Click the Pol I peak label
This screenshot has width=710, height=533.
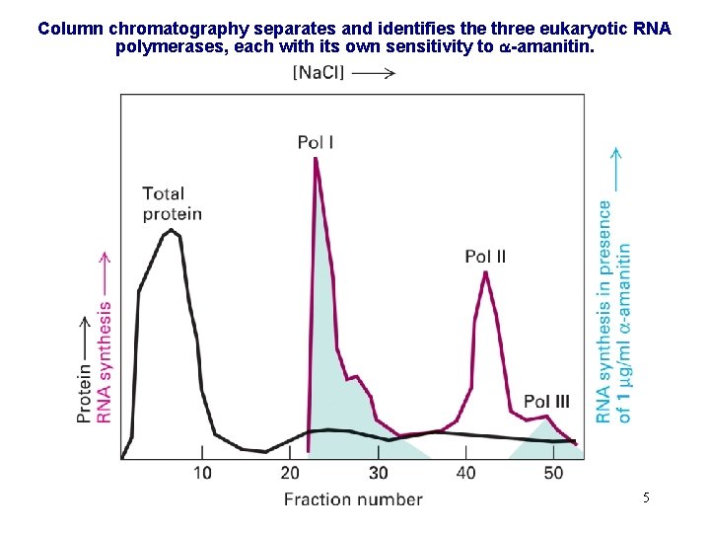[x=316, y=143]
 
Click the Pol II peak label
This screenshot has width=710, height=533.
[x=485, y=257]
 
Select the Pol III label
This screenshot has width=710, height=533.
[x=546, y=401]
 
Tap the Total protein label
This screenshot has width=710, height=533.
[x=172, y=203]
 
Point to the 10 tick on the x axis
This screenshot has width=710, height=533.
[x=202, y=473]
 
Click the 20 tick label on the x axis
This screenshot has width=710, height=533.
[x=290, y=473]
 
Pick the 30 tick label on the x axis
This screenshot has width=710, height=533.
[x=378, y=473]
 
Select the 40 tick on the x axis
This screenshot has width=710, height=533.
[x=465, y=473]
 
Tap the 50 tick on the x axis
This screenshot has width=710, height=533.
[x=553, y=473]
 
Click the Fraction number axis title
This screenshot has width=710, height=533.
[x=353, y=498]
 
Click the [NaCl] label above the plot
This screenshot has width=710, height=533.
[x=319, y=72]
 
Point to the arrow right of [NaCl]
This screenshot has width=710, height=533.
[x=374, y=72]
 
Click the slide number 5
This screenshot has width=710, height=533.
[x=646, y=497]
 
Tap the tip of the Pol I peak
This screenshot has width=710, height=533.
[x=316, y=159]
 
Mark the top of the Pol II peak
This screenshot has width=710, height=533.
[x=485, y=272]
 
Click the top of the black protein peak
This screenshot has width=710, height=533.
[x=172, y=230]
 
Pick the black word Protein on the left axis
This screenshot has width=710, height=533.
[x=85, y=391]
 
